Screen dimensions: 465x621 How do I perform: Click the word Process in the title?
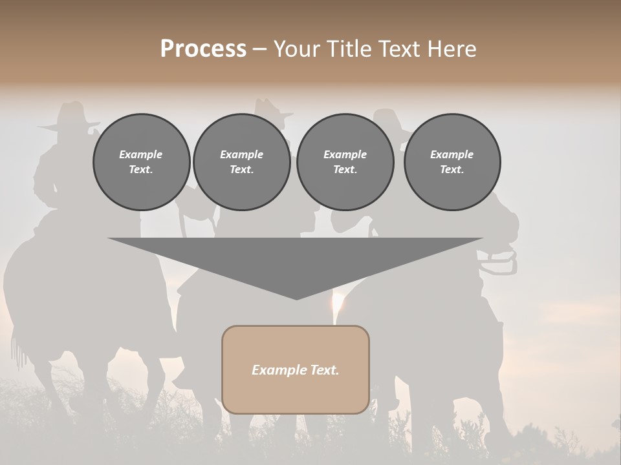[203, 49]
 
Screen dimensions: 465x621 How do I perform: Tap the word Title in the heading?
[348, 49]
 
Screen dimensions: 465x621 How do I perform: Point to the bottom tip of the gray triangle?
[296, 298]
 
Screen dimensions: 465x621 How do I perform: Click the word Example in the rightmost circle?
[452, 154]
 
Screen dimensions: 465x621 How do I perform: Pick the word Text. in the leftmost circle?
[141, 170]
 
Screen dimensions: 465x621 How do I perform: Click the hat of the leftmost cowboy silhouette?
[71, 116]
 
